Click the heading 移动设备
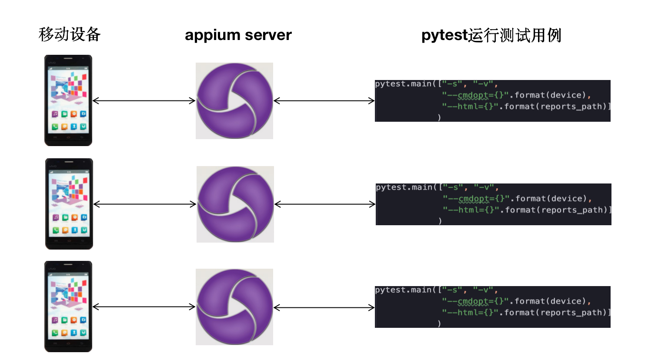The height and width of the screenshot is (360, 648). point(70,34)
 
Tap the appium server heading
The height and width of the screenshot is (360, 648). point(238,35)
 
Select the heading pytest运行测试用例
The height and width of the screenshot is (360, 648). point(491,35)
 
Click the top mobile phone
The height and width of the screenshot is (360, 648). point(68,100)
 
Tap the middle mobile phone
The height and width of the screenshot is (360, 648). point(69,204)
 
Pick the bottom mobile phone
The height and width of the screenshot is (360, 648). point(68,307)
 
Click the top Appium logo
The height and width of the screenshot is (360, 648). point(234,101)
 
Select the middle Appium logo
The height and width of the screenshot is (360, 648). point(235,204)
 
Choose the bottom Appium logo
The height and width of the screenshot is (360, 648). point(234,307)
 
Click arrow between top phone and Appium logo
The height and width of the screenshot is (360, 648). point(144,101)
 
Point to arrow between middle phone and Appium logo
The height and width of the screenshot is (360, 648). point(145,204)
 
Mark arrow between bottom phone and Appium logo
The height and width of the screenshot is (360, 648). point(144,307)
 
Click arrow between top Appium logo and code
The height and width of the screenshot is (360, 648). point(324,101)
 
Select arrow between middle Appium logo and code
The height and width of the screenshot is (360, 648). point(325,204)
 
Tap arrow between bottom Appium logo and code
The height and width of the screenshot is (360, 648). point(324,308)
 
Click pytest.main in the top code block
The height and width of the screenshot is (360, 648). point(403,84)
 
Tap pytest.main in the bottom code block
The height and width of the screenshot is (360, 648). point(403,290)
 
